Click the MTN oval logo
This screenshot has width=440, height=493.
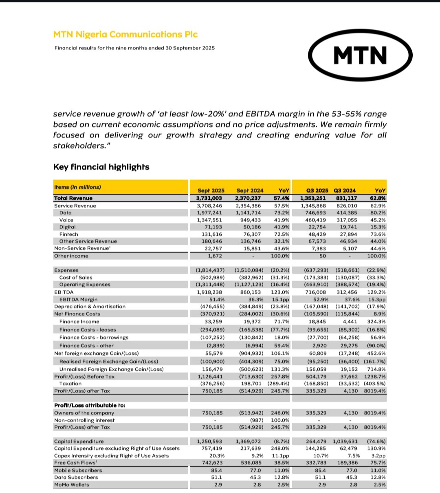coord(360,55)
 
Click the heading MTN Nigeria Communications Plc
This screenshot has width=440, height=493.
coord(125,34)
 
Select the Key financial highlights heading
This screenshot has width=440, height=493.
coord(101,167)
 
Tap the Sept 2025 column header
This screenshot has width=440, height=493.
coord(211,190)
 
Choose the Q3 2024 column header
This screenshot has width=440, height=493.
coord(344,190)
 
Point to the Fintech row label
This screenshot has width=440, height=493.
coord(68,234)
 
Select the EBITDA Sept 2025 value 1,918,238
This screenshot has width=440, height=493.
coord(210,292)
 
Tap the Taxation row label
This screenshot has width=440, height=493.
coord(70,384)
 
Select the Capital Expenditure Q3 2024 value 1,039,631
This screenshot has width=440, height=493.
coord(346,441)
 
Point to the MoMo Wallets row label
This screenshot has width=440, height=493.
coord(72,485)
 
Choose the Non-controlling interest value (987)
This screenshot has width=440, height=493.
coord(256,420)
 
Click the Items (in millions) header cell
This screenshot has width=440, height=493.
coord(77,187)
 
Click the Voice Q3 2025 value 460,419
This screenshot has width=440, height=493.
coord(314,220)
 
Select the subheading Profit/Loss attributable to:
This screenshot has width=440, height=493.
coord(89,405)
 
